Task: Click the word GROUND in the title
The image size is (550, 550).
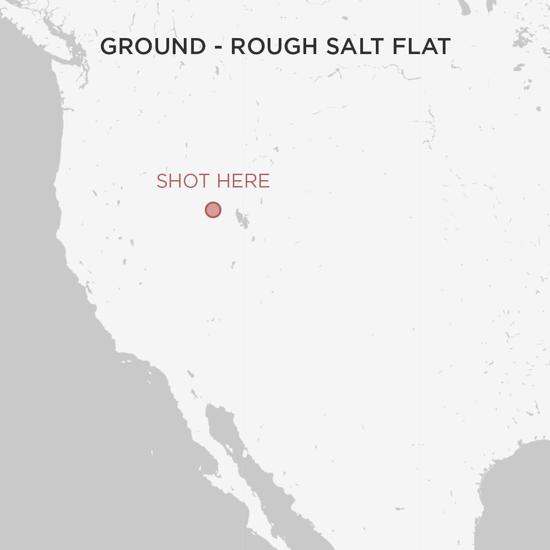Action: point(153,47)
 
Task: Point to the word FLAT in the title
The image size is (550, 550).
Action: point(421,47)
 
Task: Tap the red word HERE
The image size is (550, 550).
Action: point(243,181)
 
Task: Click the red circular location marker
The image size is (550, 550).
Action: point(213,210)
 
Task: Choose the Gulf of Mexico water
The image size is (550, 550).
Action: point(518,500)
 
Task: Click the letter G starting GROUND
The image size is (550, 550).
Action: point(108,47)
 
